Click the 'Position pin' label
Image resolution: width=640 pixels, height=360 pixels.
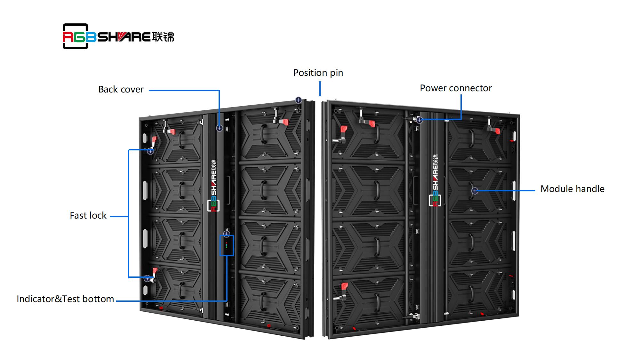click(318, 73)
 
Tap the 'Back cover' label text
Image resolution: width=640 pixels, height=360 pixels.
click(121, 90)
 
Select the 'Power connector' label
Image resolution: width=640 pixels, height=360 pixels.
click(456, 88)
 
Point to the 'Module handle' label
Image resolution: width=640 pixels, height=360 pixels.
click(572, 189)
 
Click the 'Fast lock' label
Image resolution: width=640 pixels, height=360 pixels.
click(88, 216)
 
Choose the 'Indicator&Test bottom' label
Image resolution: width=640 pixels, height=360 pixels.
click(65, 299)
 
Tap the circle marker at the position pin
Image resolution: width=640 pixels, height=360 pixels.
click(298, 100)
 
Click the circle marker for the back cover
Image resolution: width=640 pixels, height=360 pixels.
click(219, 128)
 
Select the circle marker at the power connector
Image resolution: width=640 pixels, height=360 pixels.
click(420, 120)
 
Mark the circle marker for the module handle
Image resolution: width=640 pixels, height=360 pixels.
click(475, 191)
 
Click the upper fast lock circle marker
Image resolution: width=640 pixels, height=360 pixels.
click(150, 151)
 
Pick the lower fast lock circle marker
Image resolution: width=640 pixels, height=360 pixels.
click(147, 278)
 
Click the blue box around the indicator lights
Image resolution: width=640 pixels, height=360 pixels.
click(227, 246)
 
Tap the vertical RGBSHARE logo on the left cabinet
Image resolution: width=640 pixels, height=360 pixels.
click(213, 186)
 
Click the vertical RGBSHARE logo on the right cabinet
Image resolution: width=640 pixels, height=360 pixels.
click(435, 181)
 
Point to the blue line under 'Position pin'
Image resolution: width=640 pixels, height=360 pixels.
click(320, 89)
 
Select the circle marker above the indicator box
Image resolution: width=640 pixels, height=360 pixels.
click(227, 234)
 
